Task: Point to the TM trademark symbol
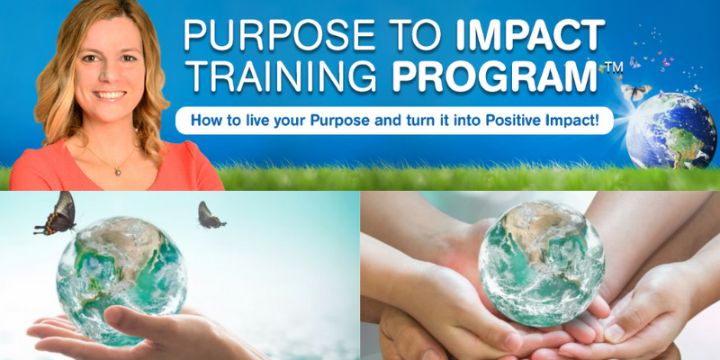(613, 68)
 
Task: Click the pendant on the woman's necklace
(116, 171)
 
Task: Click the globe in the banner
(671, 130)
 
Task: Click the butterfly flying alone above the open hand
(211, 215)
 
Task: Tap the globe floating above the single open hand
(121, 275)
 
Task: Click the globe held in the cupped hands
(542, 263)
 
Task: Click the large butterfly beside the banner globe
(636, 92)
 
